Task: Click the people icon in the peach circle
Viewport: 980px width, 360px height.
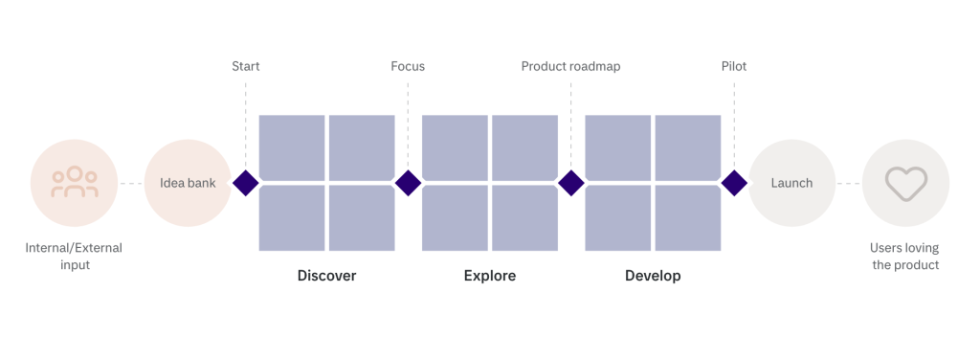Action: (75, 182)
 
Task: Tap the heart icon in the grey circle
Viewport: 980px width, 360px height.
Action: (905, 184)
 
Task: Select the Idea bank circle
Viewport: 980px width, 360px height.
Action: (188, 183)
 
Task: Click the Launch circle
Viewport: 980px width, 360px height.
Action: (791, 183)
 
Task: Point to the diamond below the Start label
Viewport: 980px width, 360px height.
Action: (246, 183)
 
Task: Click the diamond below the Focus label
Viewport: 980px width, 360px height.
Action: (408, 183)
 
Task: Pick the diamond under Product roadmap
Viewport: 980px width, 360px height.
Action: (571, 183)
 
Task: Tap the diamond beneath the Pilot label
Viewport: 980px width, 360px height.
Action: (734, 183)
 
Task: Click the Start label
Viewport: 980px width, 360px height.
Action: (246, 66)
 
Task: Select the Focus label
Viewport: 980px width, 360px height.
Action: (408, 66)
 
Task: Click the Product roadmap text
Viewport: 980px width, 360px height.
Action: (571, 66)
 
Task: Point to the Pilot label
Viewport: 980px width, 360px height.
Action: (734, 66)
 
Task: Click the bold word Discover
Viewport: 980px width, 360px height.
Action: (327, 276)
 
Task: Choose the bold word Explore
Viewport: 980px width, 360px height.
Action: (490, 276)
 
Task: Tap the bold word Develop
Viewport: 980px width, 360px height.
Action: (653, 276)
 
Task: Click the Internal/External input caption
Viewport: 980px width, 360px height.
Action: (75, 257)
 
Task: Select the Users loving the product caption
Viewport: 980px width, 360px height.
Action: (905, 257)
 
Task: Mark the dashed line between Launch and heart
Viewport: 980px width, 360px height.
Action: (849, 183)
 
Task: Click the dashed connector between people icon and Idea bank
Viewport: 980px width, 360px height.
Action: (131, 183)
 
